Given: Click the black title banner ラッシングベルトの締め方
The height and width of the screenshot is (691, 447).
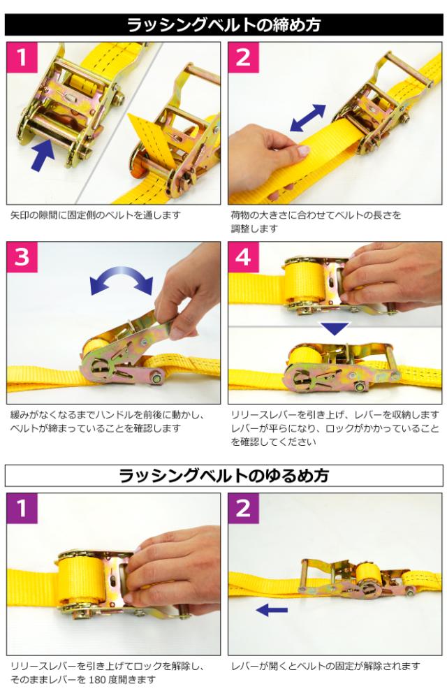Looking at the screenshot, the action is tap(223, 24).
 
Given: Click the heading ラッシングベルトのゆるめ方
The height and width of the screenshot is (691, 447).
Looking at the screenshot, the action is tap(223, 476).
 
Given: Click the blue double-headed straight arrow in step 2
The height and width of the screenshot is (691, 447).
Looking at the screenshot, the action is tap(308, 118).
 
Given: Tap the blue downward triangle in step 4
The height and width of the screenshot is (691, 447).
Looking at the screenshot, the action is tap(335, 328).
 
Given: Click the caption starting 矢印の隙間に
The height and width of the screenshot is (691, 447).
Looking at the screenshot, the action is tap(96, 215).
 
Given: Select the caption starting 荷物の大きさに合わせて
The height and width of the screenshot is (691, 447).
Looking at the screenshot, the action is tap(316, 221).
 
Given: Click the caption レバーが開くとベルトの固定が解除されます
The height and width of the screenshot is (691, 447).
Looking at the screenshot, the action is tap(326, 666).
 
